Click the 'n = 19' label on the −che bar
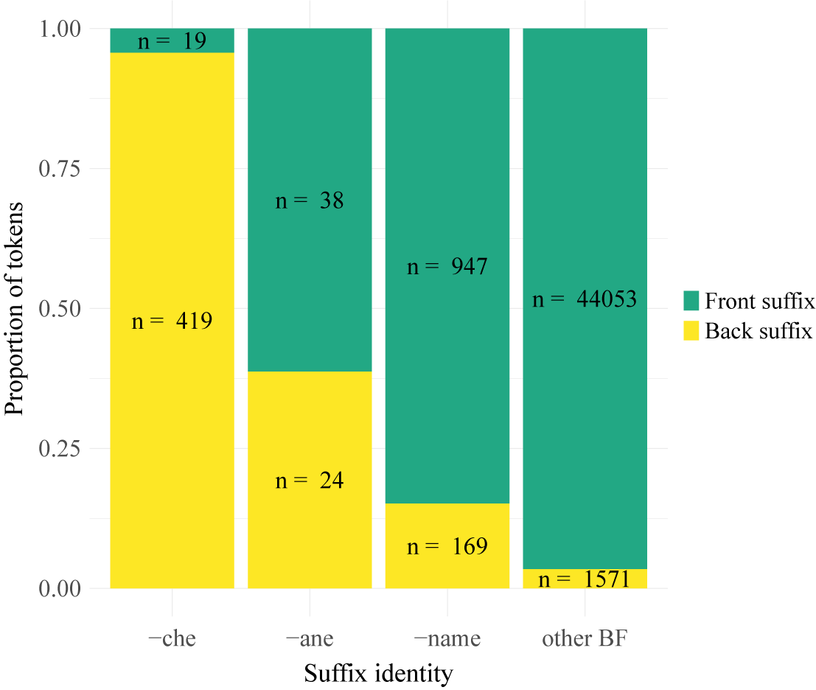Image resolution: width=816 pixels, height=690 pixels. (172, 41)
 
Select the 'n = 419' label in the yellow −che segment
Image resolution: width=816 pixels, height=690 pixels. (172, 321)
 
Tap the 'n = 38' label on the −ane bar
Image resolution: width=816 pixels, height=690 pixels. (310, 201)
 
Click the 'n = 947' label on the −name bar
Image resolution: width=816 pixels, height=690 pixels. (447, 266)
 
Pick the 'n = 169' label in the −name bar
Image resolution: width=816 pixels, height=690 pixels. (447, 546)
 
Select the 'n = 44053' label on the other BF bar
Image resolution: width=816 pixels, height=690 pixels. (585, 299)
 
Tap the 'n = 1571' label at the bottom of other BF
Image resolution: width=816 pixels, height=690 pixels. (585, 579)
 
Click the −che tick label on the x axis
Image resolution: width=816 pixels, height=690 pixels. (172, 638)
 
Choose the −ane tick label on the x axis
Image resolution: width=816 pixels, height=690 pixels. (310, 638)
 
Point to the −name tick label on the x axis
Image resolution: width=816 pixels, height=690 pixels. (447, 638)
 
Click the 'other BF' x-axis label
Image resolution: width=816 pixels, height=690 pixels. (585, 638)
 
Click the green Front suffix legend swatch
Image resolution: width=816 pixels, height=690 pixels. (691, 301)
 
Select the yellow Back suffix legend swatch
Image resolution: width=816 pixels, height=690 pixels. (691, 331)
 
